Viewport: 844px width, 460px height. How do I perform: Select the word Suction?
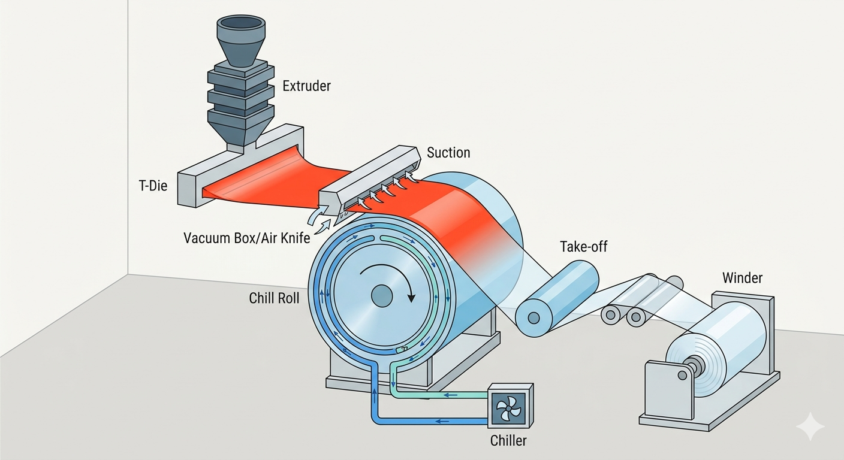click(x=448, y=153)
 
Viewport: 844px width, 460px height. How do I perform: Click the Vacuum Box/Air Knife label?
click(x=247, y=238)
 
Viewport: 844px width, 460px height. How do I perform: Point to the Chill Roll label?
click(x=274, y=298)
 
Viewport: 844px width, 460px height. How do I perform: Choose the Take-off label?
click(x=583, y=246)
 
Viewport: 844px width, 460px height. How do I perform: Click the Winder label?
click(x=742, y=278)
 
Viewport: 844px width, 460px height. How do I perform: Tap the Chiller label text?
click(x=508, y=441)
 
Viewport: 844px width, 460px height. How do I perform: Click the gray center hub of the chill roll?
click(x=381, y=295)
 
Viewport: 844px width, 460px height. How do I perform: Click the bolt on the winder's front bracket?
click(x=682, y=375)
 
